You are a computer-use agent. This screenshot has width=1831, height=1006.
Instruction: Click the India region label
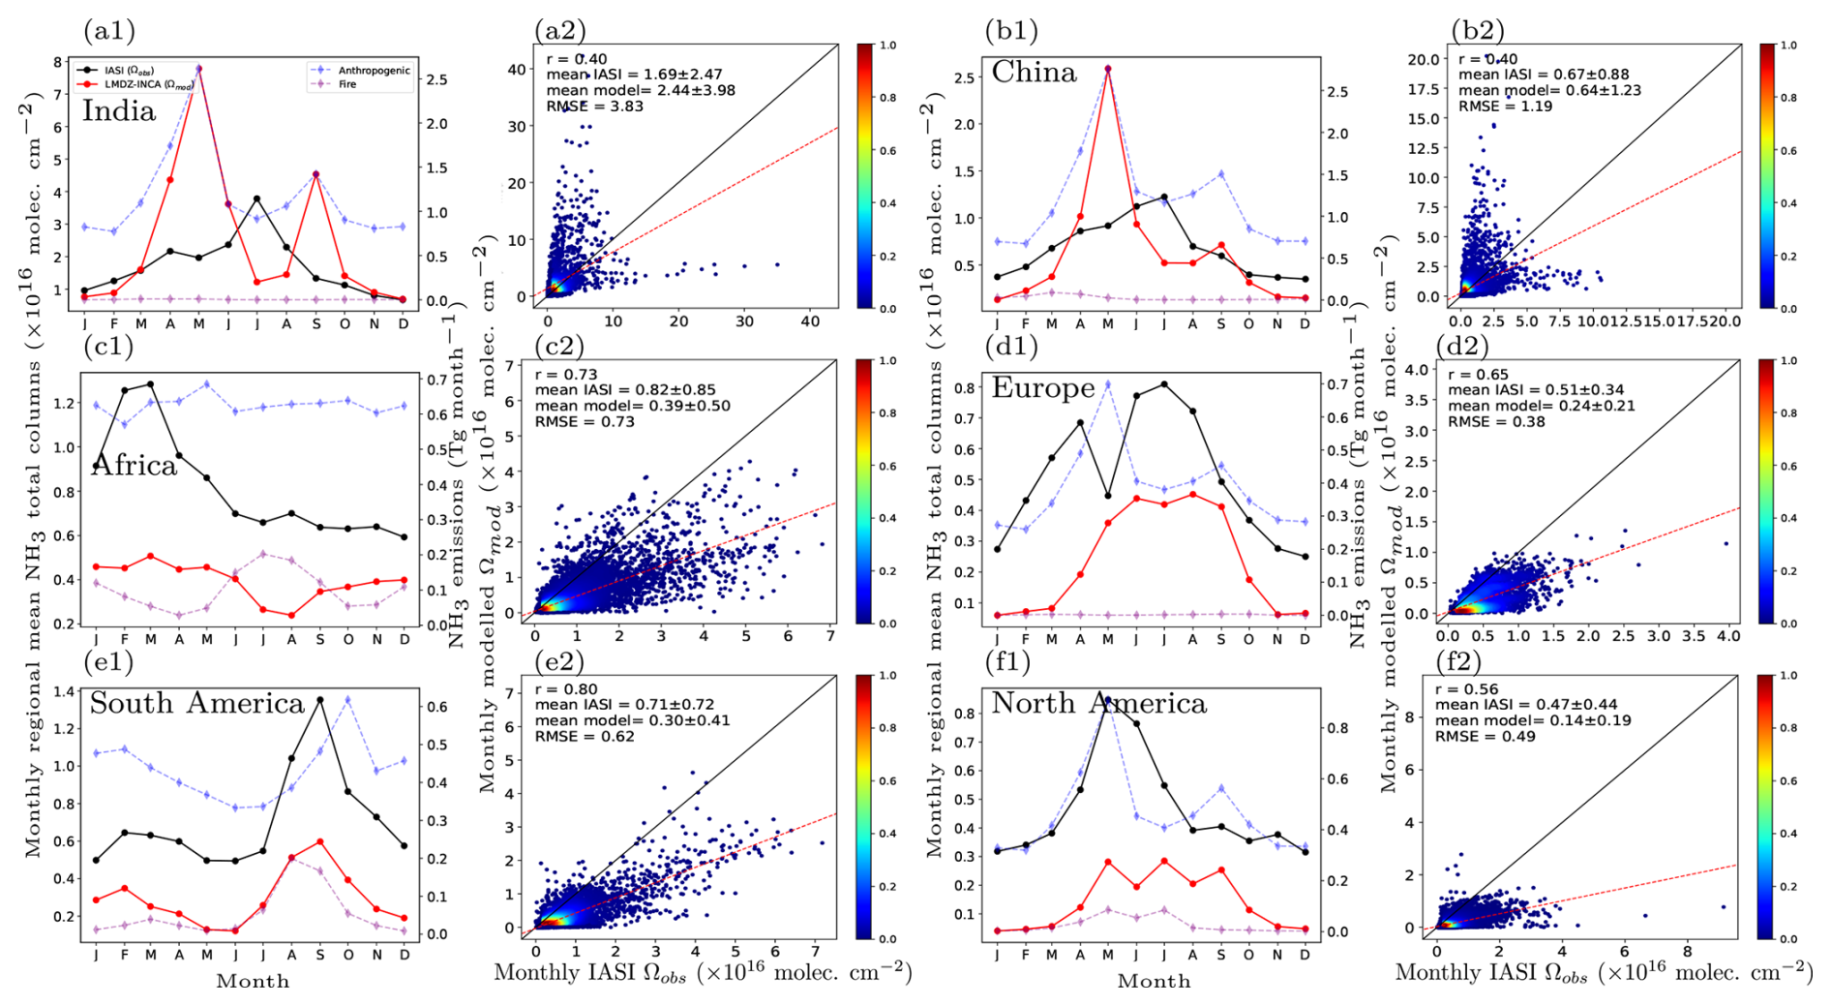point(118,111)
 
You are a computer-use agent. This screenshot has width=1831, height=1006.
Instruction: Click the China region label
point(1034,73)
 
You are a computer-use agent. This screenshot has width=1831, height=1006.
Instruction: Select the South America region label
point(196,703)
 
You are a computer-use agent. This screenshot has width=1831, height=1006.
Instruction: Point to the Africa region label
point(135,466)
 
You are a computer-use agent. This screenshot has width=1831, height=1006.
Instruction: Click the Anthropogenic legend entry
point(373,71)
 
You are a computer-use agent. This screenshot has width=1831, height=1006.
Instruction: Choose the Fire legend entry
point(346,84)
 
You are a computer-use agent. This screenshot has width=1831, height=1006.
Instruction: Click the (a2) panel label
point(560,31)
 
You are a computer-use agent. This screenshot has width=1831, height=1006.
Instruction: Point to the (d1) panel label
point(1010,346)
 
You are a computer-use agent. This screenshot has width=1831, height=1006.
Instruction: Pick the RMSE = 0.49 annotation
point(1485,737)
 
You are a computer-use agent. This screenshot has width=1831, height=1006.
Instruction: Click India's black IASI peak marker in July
point(256,198)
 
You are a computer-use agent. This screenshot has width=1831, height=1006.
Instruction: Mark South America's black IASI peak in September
point(320,699)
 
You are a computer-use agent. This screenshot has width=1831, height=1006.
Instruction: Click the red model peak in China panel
point(1108,70)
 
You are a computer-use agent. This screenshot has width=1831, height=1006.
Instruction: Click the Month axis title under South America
point(252,982)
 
